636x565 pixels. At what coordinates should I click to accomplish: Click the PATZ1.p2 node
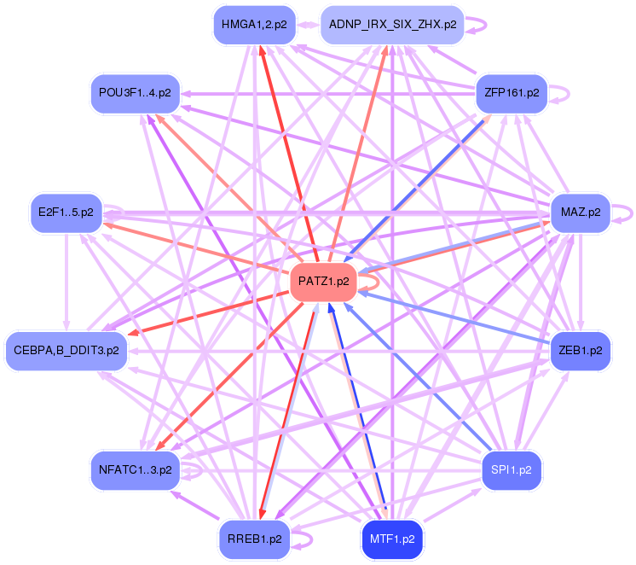pos(324,282)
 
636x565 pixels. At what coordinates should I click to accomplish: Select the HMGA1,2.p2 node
pos(254,25)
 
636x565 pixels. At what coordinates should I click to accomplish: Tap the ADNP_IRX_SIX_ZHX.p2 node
pos(392,25)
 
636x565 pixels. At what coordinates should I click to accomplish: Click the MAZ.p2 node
pos(581,212)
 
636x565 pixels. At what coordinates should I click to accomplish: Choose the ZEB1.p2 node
pos(581,350)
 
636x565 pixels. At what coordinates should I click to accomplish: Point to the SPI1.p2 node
pos(512,469)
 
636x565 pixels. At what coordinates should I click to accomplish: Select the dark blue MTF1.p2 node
pos(392,539)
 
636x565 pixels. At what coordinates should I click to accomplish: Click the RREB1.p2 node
pos(254,539)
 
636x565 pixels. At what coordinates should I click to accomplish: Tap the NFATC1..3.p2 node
pos(136,469)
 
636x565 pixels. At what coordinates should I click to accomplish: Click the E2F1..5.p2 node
pos(66,212)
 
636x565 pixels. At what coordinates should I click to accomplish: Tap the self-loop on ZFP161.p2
pos(560,92)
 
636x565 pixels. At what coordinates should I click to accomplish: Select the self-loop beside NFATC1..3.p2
pos(194,469)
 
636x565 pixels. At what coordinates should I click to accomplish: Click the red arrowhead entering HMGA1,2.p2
pos(263,50)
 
